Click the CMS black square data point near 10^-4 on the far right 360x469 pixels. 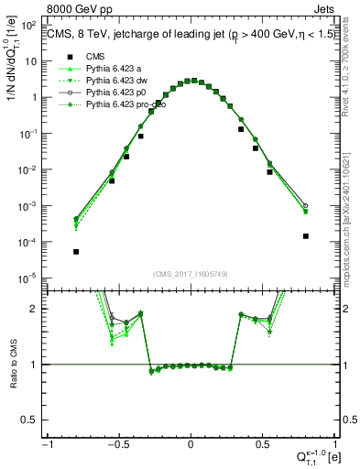pos(305,236)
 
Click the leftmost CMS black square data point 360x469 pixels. pos(76,251)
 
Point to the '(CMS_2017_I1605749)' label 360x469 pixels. pos(191,275)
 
